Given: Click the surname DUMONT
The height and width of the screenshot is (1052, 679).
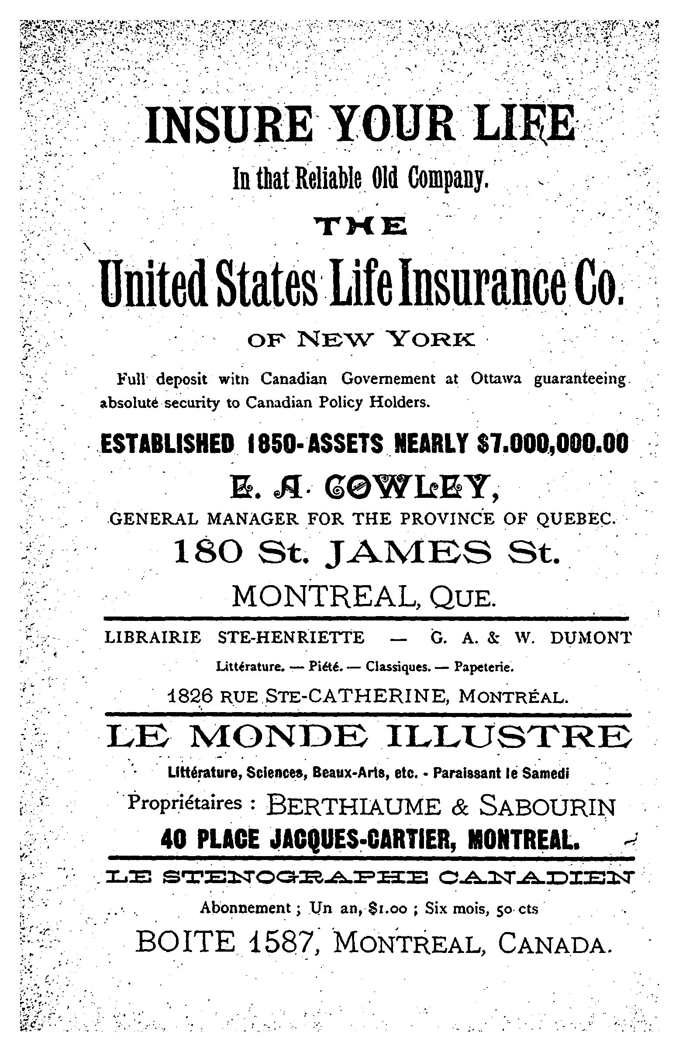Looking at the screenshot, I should coord(590,637).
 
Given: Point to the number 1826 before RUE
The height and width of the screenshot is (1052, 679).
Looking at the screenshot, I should coord(191,696).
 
